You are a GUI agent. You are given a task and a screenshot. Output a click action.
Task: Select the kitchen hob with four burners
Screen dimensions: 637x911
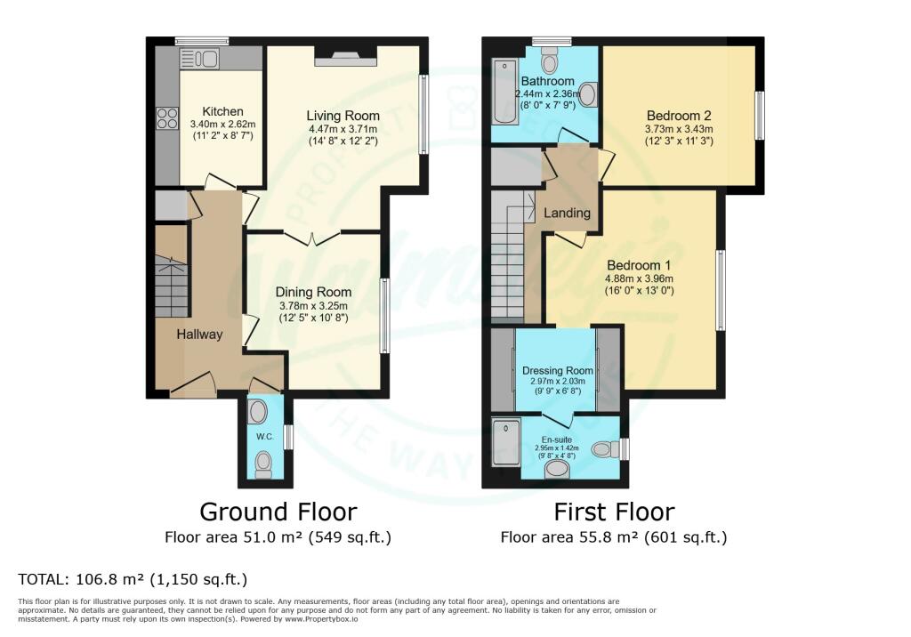pyautogui.click(x=167, y=118)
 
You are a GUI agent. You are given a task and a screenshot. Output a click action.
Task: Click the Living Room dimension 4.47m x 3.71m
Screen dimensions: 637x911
pyautogui.click(x=343, y=129)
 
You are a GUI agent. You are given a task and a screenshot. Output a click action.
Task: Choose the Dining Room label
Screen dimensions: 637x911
pyautogui.click(x=312, y=292)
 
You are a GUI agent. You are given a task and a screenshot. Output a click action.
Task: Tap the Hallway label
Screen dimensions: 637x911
pyautogui.click(x=198, y=334)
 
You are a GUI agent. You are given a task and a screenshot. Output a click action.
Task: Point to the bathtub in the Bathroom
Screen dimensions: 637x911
pyautogui.click(x=503, y=93)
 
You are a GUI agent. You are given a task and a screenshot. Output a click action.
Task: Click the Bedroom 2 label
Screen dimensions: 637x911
pyautogui.click(x=678, y=115)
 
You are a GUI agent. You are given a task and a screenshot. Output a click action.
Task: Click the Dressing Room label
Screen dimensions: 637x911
pyautogui.click(x=557, y=370)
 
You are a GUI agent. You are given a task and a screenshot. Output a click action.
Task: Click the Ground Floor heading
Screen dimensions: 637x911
pyautogui.click(x=278, y=512)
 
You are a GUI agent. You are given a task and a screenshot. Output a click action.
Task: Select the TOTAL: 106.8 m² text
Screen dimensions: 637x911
pyautogui.click(x=133, y=580)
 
